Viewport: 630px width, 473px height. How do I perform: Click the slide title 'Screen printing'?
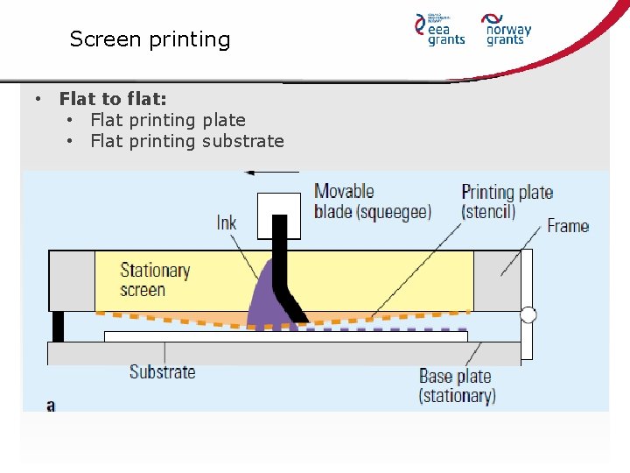pyautogui.click(x=150, y=39)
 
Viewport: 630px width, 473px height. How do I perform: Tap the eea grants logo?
pyautogui.click(x=439, y=29)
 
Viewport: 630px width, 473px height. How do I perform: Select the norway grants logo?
pyautogui.click(x=507, y=29)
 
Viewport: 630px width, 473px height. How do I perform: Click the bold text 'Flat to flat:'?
pyautogui.click(x=113, y=99)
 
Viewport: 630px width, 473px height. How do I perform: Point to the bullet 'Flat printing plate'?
pyautogui.click(x=168, y=120)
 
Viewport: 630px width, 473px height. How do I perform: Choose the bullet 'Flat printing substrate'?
pyautogui.click(x=187, y=141)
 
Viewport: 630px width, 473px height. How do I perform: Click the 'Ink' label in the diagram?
pyautogui.click(x=227, y=223)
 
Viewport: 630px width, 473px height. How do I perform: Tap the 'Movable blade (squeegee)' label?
pyautogui.click(x=372, y=201)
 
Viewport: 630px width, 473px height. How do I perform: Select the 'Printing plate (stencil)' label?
pyautogui.click(x=507, y=201)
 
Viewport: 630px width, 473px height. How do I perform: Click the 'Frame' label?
pyautogui.click(x=568, y=226)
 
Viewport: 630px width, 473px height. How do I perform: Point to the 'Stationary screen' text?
pyautogui.click(x=155, y=279)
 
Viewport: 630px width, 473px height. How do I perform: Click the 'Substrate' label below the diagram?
pyautogui.click(x=163, y=371)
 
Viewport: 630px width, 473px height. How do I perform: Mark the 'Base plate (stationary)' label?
pyautogui.click(x=457, y=385)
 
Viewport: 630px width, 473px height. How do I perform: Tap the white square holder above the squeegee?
pyautogui.click(x=279, y=215)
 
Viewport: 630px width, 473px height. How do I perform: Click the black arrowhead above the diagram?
pyautogui.click(x=250, y=173)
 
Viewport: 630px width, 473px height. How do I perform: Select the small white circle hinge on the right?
pyautogui.click(x=528, y=315)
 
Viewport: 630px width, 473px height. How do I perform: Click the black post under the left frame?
pyautogui.click(x=58, y=327)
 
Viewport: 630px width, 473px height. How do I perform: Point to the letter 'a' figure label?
pyautogui.click(x=51, y=406)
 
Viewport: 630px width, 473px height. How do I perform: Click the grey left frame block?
pyautogui.click(x=71, y=280)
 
